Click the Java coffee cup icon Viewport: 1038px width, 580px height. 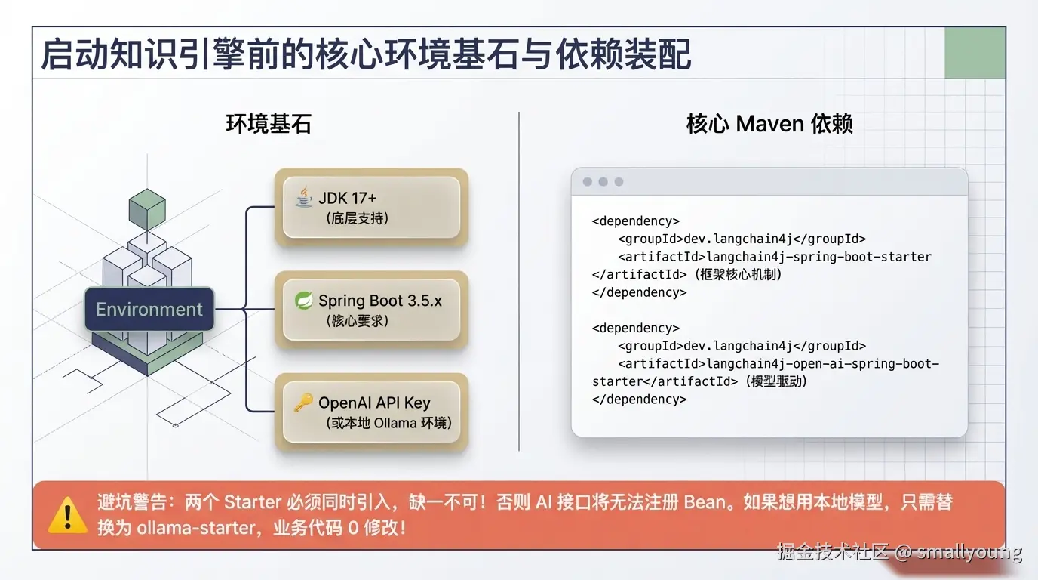304,198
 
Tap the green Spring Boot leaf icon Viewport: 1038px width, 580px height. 304,301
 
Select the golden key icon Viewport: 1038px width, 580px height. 303,403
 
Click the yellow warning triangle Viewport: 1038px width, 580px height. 68,514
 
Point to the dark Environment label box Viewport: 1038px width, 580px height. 149,309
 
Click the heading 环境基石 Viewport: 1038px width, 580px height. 269,124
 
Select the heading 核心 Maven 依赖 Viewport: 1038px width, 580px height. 769,124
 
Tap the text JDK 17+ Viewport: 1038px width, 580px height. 347,198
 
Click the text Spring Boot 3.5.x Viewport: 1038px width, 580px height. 379,301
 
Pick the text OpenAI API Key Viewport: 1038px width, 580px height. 374,403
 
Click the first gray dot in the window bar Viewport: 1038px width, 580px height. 587,182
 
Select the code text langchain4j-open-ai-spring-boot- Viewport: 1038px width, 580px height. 822,363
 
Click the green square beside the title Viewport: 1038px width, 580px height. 975,53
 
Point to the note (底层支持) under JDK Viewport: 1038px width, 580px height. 358,218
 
